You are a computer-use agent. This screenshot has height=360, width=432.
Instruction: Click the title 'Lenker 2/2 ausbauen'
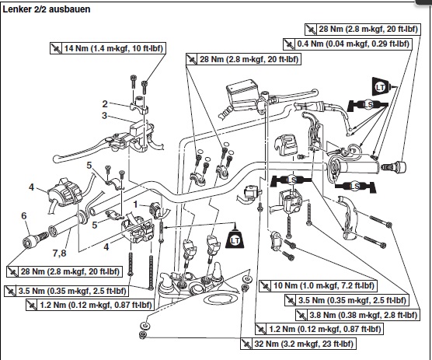coord(47,9)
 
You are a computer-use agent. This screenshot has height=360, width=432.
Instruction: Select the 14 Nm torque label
coord(108,48)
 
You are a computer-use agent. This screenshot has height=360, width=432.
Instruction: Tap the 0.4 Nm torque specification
coord(347,44)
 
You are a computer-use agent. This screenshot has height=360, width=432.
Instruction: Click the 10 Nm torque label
coord(318,285)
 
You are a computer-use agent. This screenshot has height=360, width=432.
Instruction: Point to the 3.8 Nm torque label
coord(357,315)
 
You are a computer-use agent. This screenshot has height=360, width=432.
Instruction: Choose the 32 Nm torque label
coord(298,344)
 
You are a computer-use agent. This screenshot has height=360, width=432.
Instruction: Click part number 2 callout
coord(105,104)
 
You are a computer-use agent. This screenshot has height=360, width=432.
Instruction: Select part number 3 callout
coord(104,116)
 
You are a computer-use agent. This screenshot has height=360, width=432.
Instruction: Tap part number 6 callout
coord(24,216)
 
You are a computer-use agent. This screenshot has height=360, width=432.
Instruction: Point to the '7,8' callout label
coord(60,253)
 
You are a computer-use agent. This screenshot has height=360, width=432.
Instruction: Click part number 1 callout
coord(135,204)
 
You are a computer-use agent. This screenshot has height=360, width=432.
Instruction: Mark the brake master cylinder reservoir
coord(242,92)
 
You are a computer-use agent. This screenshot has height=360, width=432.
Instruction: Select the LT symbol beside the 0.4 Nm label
coord(381,87)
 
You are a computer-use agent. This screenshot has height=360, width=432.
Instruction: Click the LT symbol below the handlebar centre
coord(235,239)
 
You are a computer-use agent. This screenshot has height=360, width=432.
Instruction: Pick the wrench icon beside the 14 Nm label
coord(56,48)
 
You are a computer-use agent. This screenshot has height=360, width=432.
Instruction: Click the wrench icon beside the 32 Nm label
coord(246,344)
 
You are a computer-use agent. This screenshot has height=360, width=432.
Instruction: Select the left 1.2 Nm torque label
coord(90,305)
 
